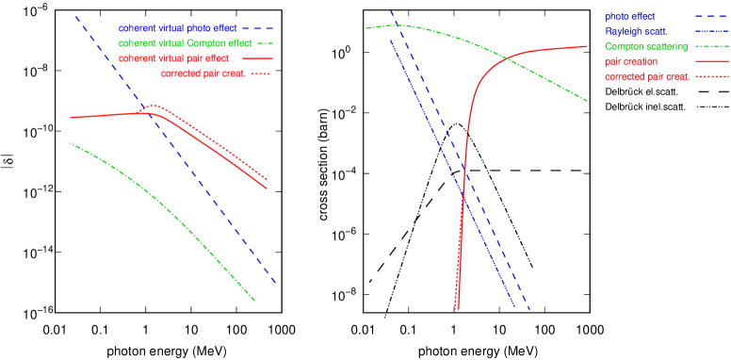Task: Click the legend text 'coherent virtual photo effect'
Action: [177, 28]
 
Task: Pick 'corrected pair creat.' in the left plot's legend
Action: [203, 74]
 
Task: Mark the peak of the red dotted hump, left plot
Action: [154, 106]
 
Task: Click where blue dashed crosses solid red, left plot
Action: [142, 112]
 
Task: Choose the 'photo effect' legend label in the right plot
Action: [630, 17]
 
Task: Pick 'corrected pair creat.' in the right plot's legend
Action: [645, 76]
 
